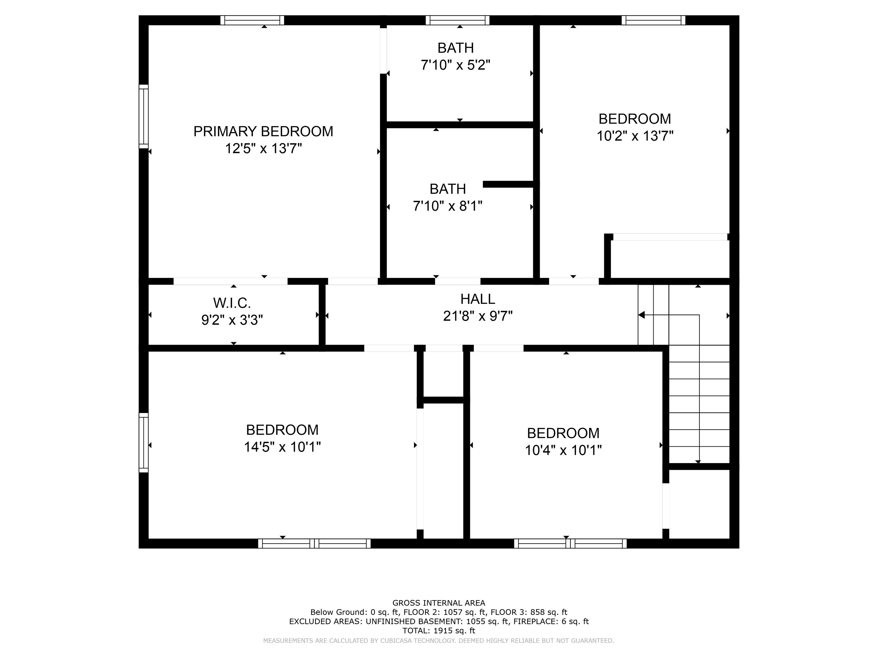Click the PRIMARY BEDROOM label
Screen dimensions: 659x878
pyautogui.click(x=263, y=132)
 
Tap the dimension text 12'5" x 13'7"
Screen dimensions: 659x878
pyautogui.click(x=263, y=148)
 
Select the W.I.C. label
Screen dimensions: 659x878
pyautogui.click(x=232, y=303)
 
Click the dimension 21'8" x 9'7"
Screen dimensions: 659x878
pyautogui.click(x=478, y=316)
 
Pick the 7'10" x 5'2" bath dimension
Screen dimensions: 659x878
pyautogui.click(x=455, y=65)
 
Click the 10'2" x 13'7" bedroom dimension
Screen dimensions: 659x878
pyautogui.click(x=635, y=136)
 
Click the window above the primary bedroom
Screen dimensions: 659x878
pyautogui.click(x=252, y=20)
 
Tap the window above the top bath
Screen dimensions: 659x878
pyautogui.click(x=457, y=20)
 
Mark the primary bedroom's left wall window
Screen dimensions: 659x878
pyautogui.click(x=143, y=116)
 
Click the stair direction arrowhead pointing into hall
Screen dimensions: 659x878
pyautogui.click(x=641, y=315)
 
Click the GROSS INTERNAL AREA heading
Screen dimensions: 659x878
pyautogui.click(x=439, y=603)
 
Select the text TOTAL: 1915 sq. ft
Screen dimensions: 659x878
pyautogui.click(x=439, y=630)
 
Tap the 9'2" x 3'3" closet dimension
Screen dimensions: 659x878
pyautogui.click(x=232, y=320)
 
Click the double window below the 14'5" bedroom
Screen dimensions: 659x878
pyautogui.click(x=314, y=543)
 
